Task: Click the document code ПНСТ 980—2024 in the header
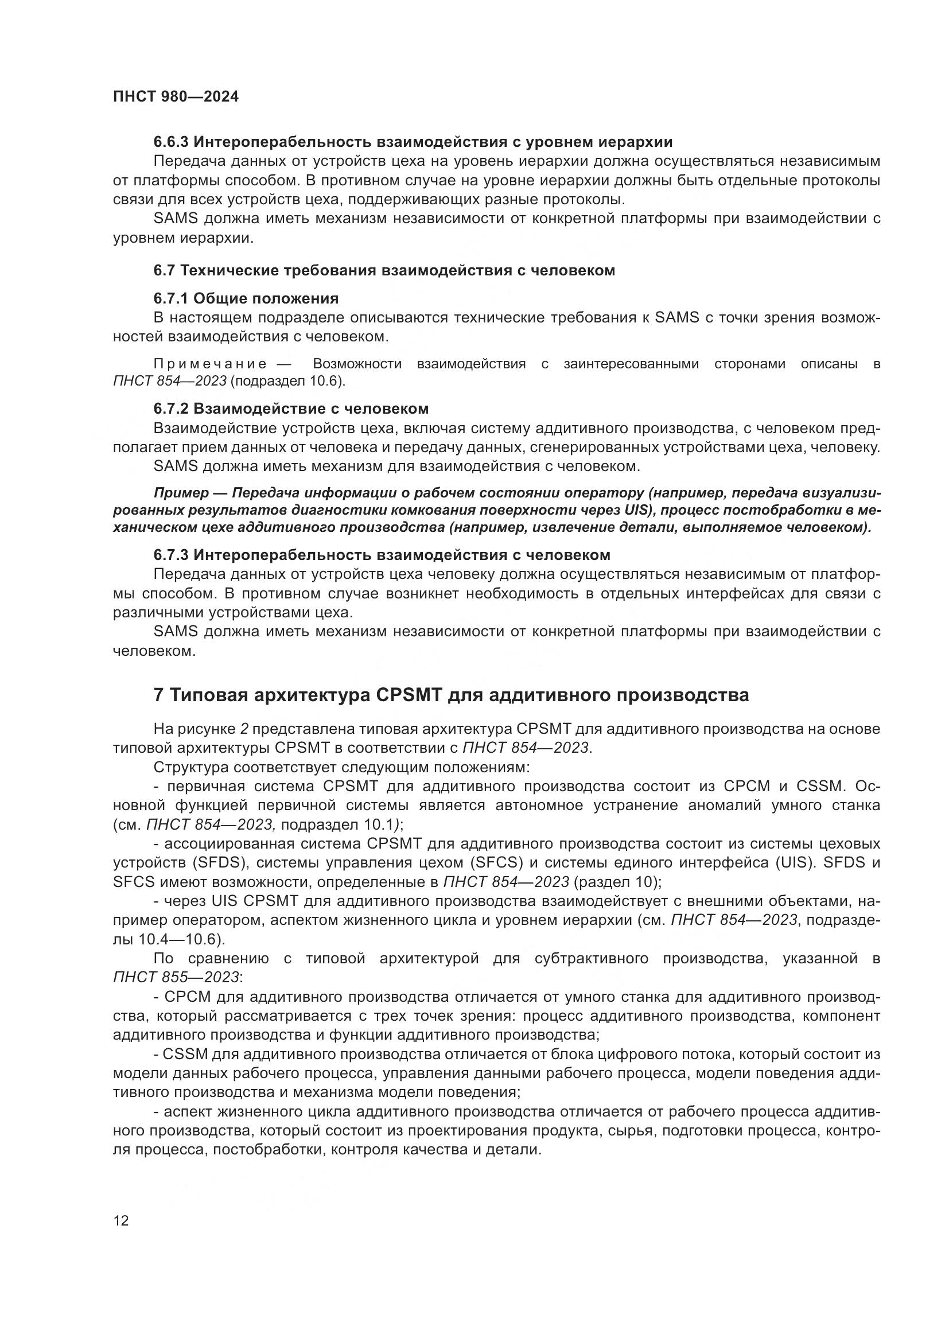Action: pos(176,97)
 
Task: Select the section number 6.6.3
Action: pos(171,142)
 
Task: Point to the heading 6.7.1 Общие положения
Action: pos(246,299)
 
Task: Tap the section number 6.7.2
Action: pos(171,409)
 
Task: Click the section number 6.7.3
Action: pos(171,555)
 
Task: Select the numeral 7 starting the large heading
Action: pos(158,695)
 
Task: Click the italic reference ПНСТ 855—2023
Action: pos(176,977)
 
